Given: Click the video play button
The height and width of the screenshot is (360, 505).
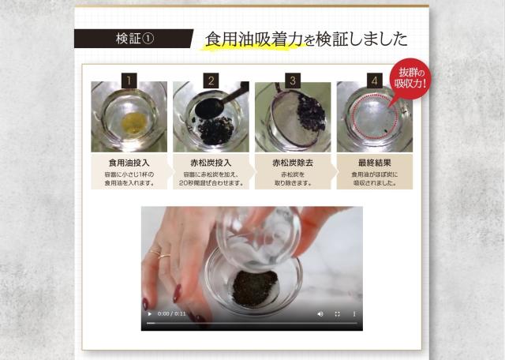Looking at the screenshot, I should [x=150, y=314].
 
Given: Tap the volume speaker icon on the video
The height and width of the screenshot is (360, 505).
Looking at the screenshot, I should [x=320, y=314].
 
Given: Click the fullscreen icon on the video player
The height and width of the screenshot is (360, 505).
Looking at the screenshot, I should [x=337, y=314].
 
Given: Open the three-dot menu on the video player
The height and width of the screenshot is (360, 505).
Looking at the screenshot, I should [x=353, y=314].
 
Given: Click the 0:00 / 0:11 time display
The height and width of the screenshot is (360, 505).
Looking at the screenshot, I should [x=172, y=314].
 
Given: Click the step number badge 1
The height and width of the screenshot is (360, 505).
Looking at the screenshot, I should [x=129, y=80].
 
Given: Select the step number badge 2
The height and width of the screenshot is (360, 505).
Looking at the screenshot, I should [x=211, y=80].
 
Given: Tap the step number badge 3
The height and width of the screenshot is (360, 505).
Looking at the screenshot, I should [x=292, y=80].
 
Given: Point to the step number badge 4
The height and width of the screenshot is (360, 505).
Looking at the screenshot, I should [x=374, y=80].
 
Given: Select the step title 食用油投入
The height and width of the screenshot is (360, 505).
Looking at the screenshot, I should [x=129, y=162].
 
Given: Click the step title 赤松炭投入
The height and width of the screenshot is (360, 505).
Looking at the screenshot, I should [x=211, y=162].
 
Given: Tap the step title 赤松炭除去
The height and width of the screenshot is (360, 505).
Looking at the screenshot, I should [x=292, y=162].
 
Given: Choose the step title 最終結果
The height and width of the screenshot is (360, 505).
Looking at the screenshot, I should [x=374, y=162].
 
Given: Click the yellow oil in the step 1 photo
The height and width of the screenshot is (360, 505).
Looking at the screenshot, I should [x=135, y=121].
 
